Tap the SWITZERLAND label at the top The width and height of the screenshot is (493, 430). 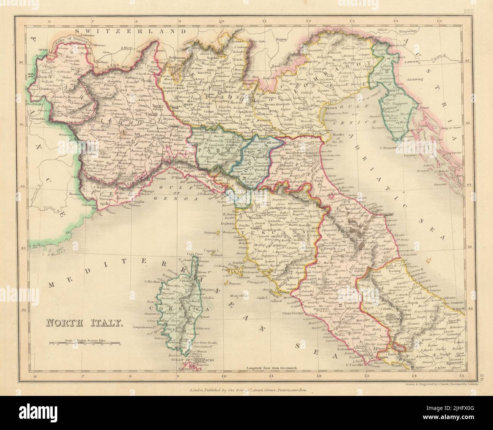click(131, 31)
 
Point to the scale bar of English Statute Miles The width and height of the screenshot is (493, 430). click(84, 344)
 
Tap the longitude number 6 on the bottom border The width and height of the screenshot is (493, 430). click(35, 376)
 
